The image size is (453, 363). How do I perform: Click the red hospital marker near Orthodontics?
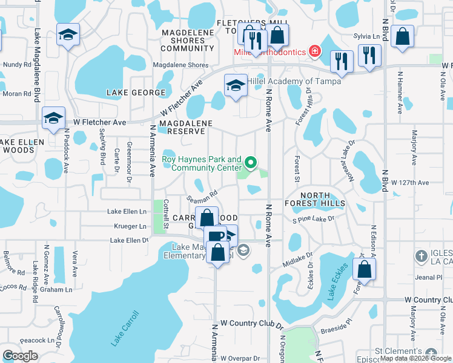(314, 51)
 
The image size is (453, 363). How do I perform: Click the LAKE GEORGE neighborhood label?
(136, 93)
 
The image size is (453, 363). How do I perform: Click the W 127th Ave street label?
(409, 182)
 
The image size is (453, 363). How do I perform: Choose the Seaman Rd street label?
(202, 198)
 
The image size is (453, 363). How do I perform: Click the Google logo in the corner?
(20, 356)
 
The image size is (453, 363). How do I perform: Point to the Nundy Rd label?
(16, 64)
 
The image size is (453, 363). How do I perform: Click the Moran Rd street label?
(16, 94)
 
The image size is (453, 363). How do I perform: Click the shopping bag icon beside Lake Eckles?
(365, 270)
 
